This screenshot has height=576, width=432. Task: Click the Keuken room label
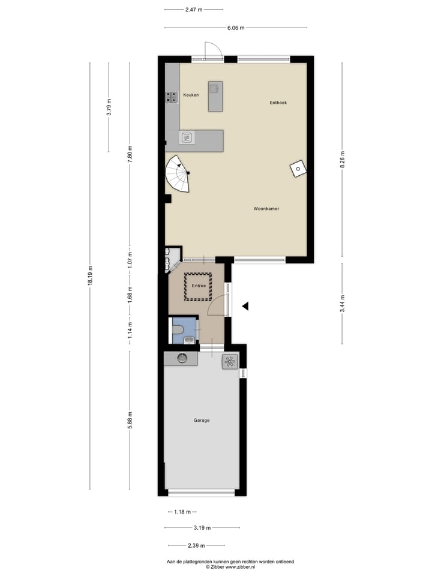[191, 95]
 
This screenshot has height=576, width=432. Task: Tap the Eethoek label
[278, 103]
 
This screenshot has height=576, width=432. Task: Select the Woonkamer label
[266, 209]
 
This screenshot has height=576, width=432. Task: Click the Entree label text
[199, 286]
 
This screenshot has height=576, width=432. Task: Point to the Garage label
[202, 420]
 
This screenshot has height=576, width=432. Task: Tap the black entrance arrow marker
[245, 306]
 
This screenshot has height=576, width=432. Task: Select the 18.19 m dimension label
[91, 276]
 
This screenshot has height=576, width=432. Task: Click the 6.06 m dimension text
[235, 28]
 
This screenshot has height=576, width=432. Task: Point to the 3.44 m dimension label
[342, 304]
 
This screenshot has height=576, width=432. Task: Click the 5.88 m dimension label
[130, 420]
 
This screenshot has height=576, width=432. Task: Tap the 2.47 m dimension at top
[193, 10]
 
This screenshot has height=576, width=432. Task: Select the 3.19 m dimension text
[202, 528]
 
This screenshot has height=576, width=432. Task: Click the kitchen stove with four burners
[170, 98]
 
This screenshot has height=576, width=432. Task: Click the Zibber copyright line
[230, 566]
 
